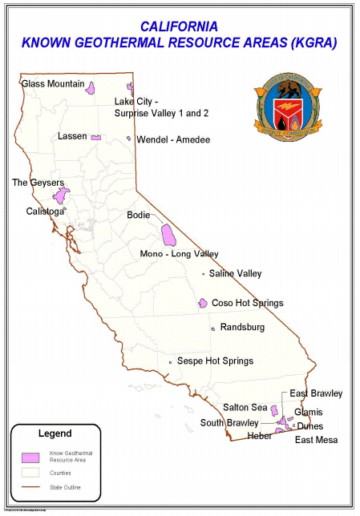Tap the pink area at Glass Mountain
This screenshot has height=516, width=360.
(92, 87)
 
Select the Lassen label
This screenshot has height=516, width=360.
(72, 136)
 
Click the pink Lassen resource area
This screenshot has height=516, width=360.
(95, 138)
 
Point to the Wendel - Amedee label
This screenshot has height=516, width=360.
(173, 140)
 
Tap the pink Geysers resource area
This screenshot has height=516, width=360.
(61, 196)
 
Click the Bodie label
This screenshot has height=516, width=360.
(139, 215)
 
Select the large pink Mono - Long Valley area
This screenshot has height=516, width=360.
(169, 235)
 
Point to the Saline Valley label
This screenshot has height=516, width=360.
(235, 274)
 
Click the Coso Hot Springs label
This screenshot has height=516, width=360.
(247, 304)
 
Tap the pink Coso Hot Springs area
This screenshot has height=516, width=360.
(203, 303)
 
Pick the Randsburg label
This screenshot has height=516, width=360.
(242, 328)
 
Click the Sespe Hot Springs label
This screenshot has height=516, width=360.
(215, 361)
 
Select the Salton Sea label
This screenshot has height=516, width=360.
(245, 407)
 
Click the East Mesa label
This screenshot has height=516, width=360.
(316, 440)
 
